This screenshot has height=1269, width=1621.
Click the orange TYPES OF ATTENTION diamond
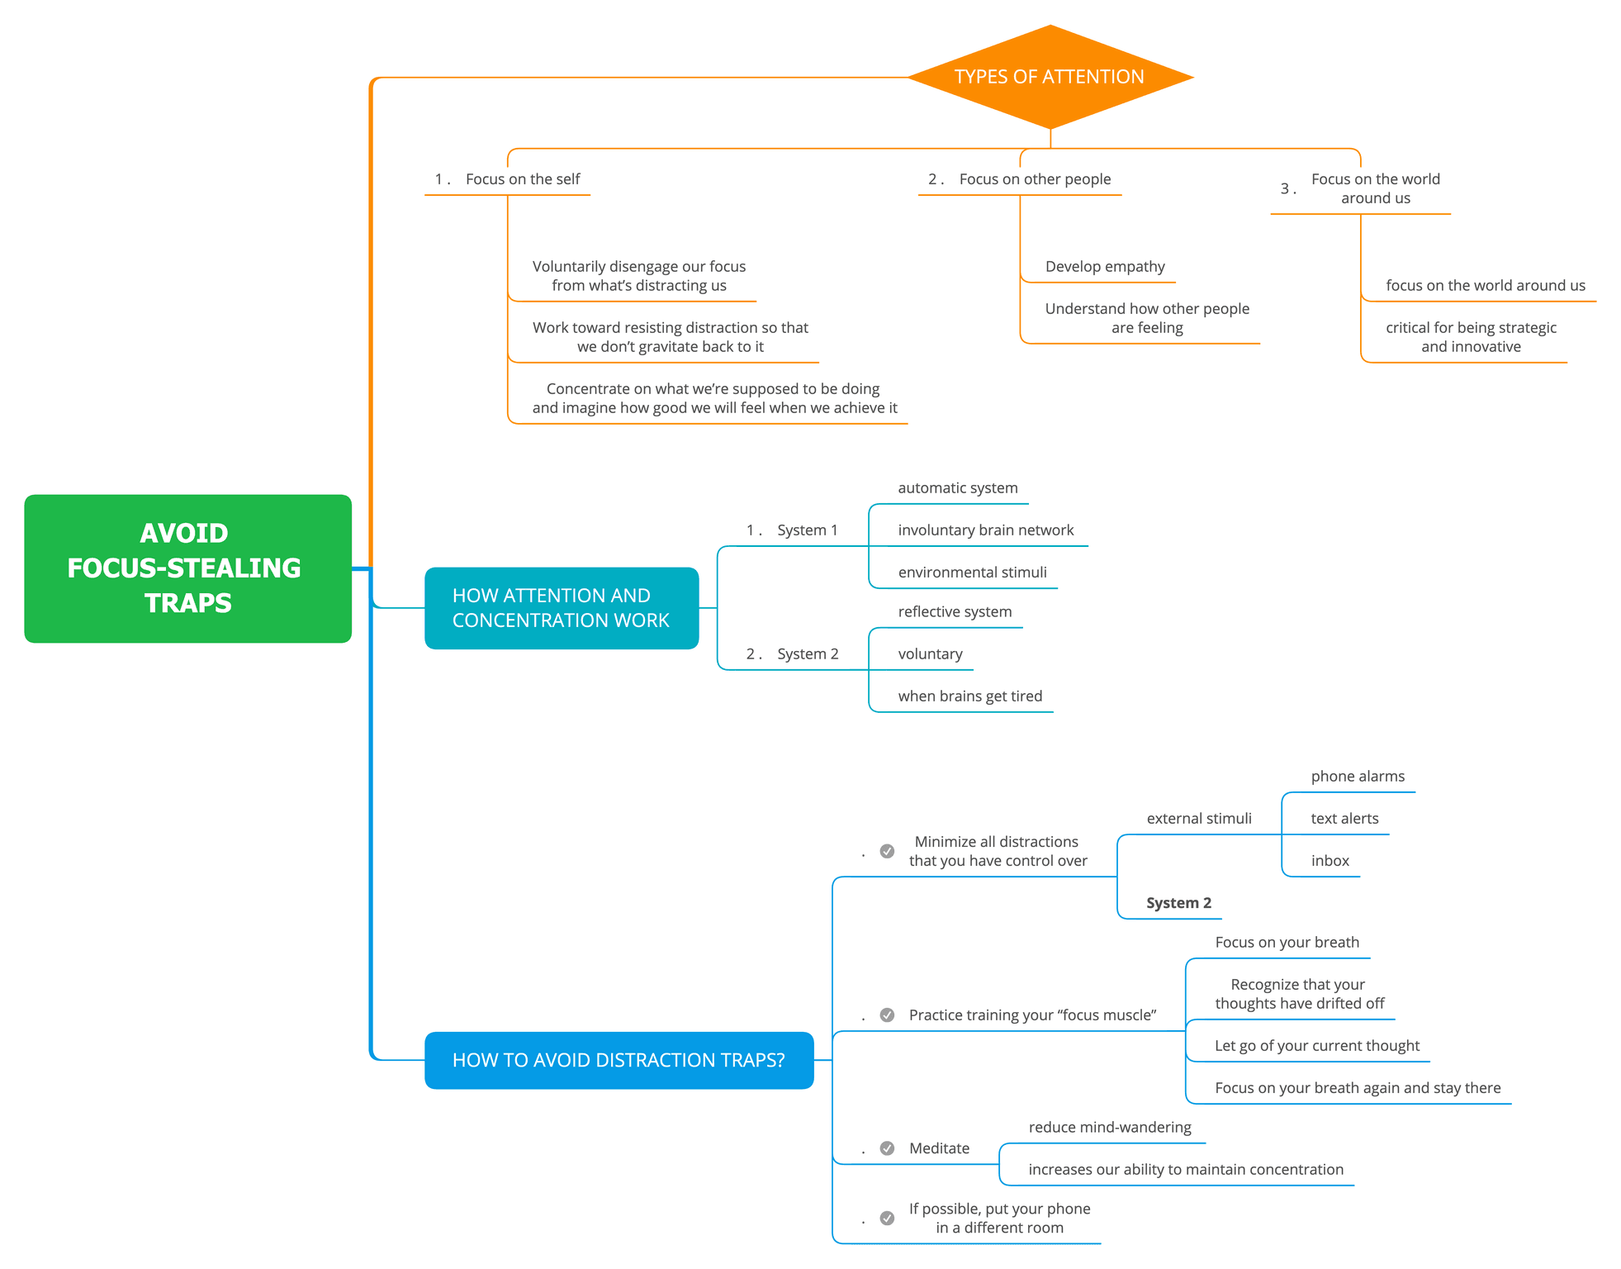coord(1050,77)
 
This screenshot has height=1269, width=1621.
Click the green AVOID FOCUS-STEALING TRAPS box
coord(188,568)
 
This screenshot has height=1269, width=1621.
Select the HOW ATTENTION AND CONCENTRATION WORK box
coord(562,608)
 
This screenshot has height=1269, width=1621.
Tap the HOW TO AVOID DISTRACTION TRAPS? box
coord(619,1060)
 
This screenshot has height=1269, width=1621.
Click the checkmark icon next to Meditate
coord(887,1148)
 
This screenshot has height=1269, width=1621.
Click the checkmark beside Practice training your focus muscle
coord(887,1015)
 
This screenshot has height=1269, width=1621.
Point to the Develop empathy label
coord(1105,266)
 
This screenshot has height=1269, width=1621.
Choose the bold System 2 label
coord(1178,903)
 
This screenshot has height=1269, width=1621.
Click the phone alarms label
coord(1358,776)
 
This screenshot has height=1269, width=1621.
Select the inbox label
coord(1330,860)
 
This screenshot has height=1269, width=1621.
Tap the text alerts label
coord(1344,818)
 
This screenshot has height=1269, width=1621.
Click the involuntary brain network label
coord(986,530)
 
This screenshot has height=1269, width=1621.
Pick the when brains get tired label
coord(970,696)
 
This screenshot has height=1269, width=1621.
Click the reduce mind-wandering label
coord(1110,1127)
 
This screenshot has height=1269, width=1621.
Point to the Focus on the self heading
coord(523,178)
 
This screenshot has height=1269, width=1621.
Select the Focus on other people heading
coord(1035,178)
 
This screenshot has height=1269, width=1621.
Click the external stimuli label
coord(1199,818)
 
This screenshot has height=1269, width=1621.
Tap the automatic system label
coord(958,487)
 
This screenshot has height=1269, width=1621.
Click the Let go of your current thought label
coord(1317,1045)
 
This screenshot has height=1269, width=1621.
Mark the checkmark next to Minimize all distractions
coord(887,851)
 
